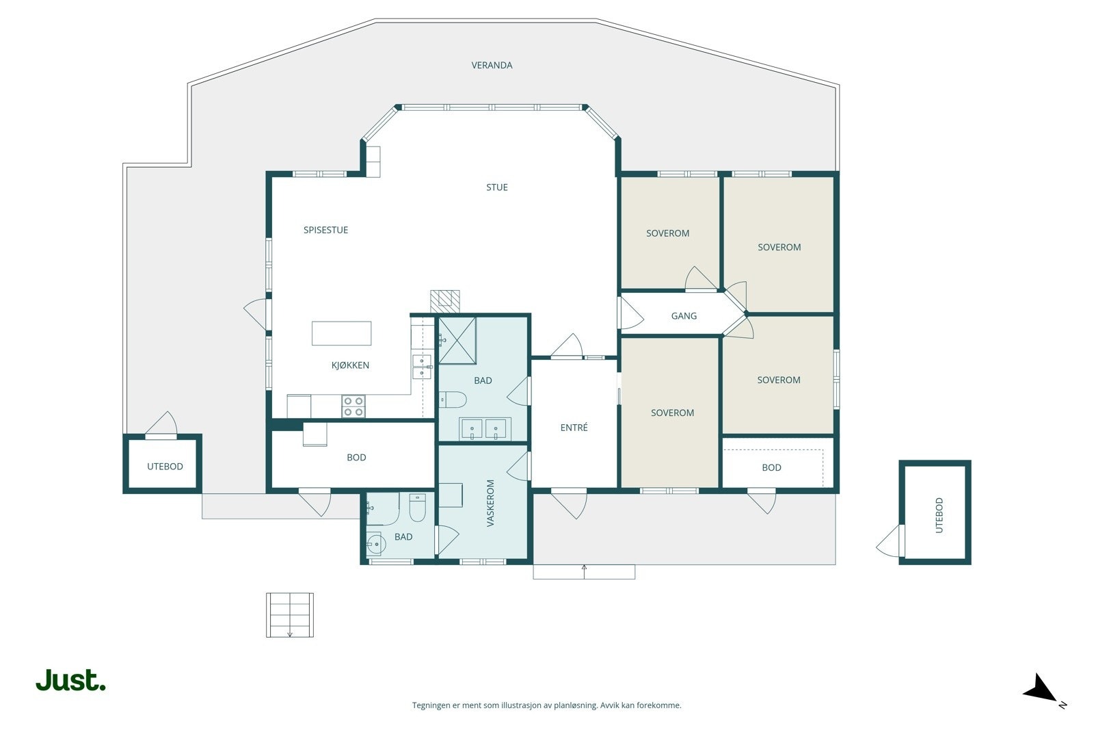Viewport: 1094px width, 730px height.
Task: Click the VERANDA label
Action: click(x=492, y=65)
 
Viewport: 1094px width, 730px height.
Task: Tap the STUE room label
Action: click(x=496, y=187)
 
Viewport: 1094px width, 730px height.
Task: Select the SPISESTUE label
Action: click(x=325, y=230)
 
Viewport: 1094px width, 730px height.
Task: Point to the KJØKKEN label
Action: click(x=350, y=365)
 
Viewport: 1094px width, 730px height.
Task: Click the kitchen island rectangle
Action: click(x=341, y=333)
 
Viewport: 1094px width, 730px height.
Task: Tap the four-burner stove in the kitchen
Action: click(x=353, y=406)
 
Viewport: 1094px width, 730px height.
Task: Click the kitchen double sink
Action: click(x=422, y=367)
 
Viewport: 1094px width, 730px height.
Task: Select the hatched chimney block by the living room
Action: click(x=444, y=302)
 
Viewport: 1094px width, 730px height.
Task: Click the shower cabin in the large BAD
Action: click(x=457, y=341)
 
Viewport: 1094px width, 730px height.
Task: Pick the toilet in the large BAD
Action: click(x=452, y=399)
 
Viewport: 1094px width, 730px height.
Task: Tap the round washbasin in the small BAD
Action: click(x=375, y=544)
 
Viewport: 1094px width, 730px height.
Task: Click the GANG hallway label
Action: click(x=684, y=316)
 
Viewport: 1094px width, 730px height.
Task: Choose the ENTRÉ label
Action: click(x=574, y=428)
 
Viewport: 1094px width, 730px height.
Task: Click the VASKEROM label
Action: click(x=491, y=503)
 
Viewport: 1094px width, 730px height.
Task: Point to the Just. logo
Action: click(x=71, y=679)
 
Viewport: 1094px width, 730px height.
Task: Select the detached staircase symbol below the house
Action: click(x=290, y=615)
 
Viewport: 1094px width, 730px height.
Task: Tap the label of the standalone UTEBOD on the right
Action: click(x=939, y=515)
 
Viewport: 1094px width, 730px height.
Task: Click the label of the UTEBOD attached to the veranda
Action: click(x=165, y=467)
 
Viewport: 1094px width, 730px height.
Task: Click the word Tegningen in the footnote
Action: click(x=431, y=705)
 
